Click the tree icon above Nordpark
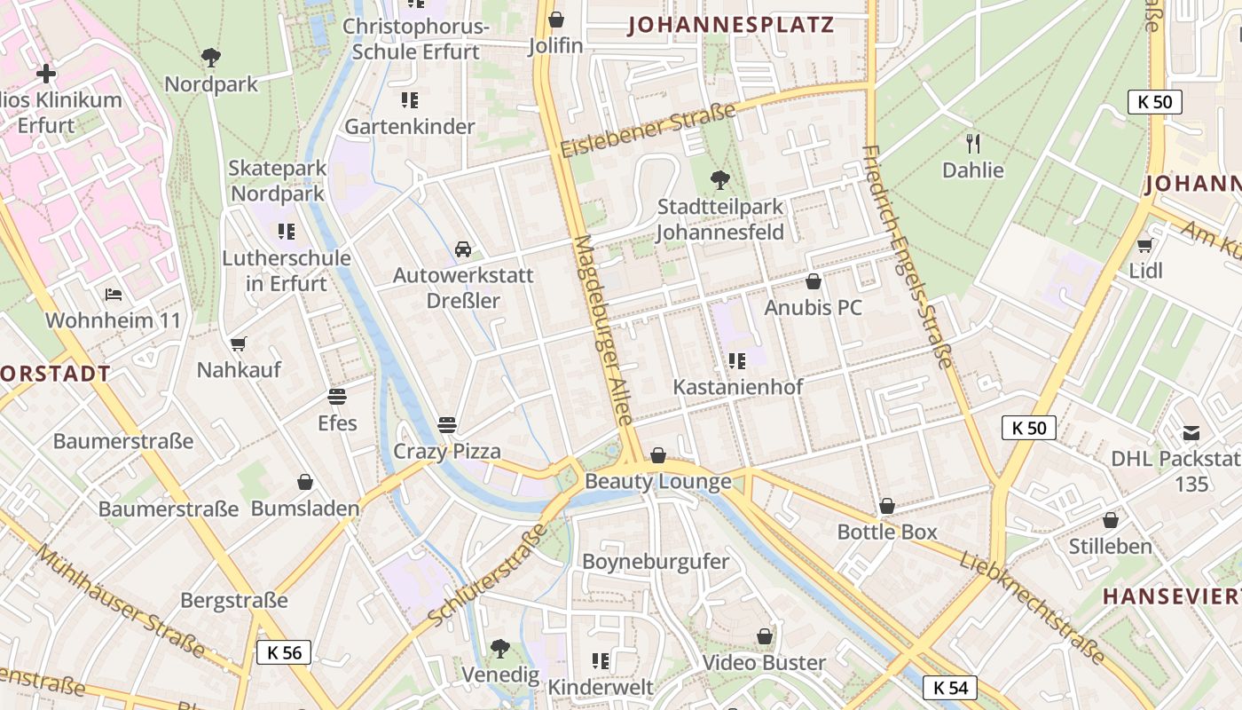(x=211, y=58)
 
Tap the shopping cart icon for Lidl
(x=1145, y=244)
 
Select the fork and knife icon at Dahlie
(x=973, y=143)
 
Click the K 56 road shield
(x=284, y=653)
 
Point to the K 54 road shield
(x=950, y=688)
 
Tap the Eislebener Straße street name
(x=649, y=130)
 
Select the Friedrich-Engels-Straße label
(x=908, y=256)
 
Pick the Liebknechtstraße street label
(x=1032, y=606)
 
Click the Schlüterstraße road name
(x=487, y=574)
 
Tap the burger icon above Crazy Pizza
(x=446, y=424)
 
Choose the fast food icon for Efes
(x=337, y=396)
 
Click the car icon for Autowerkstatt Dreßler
(x=463, y=248)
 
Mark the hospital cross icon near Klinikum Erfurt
(x=46, y=74)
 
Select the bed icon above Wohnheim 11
(x=113, y=294)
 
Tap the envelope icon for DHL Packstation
(x=1191, y=433)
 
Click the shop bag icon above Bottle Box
(x=886, y=506)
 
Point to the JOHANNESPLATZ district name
(x=731, y=25)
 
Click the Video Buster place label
(x=764, y=663)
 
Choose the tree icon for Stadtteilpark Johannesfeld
(x=720, y=180)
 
